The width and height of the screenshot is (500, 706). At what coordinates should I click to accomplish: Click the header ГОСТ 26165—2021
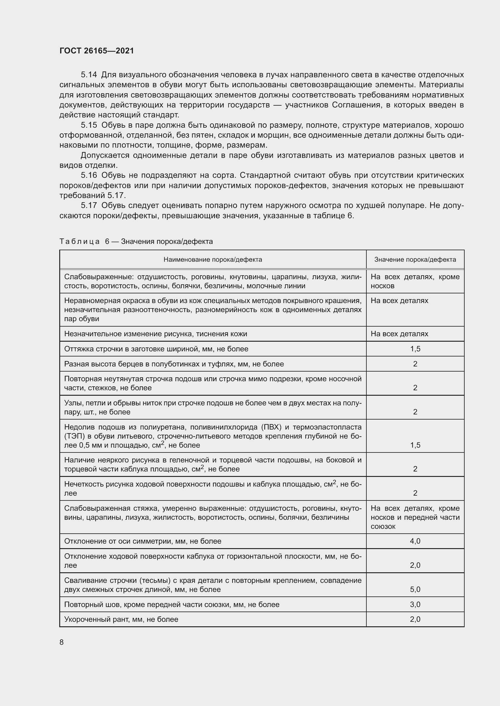97,51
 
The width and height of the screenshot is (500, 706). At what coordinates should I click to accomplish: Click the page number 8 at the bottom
62,642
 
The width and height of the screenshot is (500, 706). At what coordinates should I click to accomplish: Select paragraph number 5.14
89,75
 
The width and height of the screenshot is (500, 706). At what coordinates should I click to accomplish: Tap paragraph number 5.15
89,125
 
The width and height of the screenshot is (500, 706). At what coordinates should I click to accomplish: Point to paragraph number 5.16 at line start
89,175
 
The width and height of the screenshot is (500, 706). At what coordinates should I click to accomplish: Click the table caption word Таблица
80,241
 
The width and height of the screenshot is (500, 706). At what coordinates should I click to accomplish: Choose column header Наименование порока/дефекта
213,260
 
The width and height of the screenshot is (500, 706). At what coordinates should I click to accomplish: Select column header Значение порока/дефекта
415,260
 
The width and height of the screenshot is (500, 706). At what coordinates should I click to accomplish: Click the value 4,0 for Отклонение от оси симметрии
415,541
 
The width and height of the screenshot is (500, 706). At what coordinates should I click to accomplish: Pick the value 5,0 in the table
415,589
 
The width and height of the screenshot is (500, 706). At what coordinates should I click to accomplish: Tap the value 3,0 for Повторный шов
415,605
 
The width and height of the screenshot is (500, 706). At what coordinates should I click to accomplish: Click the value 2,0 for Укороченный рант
415,619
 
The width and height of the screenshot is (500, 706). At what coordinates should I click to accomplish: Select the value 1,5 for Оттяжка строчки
415,349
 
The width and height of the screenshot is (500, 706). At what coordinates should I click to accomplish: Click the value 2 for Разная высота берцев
415,364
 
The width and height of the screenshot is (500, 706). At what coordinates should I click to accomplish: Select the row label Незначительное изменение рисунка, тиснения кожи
155,334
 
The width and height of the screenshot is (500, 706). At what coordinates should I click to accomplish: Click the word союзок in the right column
383,526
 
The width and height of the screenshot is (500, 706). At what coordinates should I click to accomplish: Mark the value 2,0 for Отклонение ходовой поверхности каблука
415,565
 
